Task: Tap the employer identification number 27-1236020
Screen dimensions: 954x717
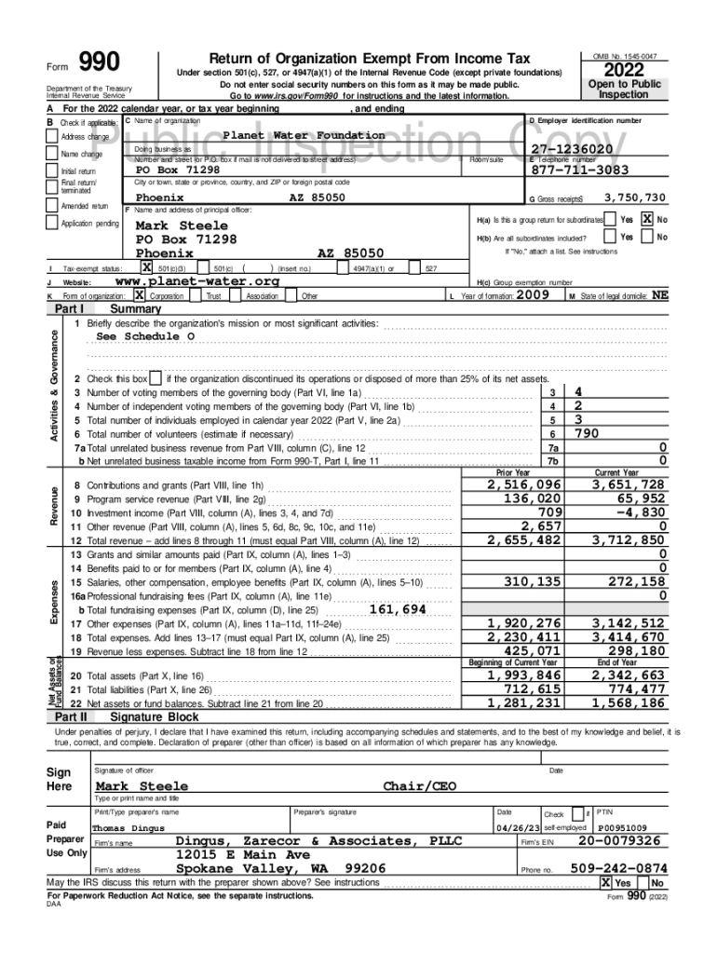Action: click(571, 150)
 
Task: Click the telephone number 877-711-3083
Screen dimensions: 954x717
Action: click(579, 170)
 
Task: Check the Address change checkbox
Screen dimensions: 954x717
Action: click(54, 138)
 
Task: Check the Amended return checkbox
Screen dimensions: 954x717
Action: click(54, 207)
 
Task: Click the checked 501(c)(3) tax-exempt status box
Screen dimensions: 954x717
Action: click(146, 268)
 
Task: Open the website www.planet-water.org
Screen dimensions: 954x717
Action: click(196, 281)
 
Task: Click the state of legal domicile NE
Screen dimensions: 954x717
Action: click(658, 294)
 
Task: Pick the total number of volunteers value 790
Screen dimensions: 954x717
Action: click(587, 433)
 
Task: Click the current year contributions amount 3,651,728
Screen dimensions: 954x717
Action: click(630, 484)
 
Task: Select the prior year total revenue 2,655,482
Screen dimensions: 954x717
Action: click(524, 539)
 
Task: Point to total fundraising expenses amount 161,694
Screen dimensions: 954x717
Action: click(398, 609)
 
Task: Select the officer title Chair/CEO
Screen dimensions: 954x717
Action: click(420, 786)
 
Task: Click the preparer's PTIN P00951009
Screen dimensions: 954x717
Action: click(624, 826)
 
